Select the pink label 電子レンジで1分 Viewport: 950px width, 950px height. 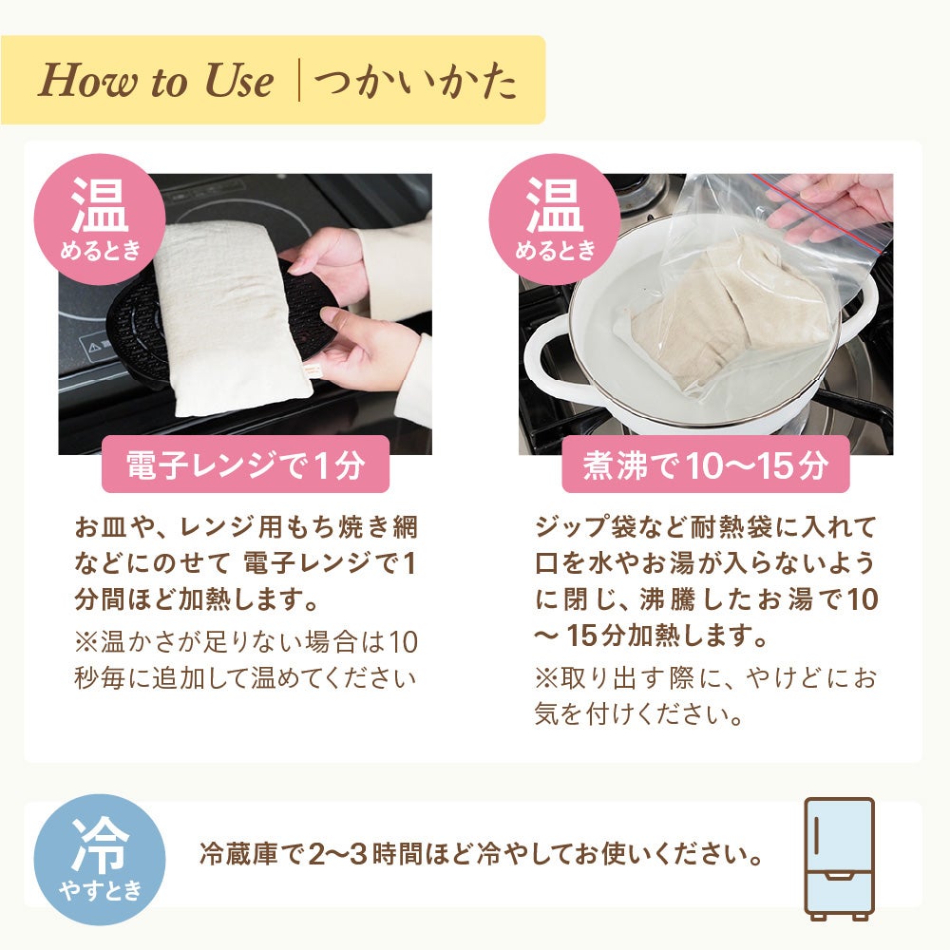[x=245, y=465]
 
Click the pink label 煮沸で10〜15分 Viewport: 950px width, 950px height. [x=705, y=465]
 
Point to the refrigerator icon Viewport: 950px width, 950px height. [x=839, y=858]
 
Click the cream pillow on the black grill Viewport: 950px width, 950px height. [x=228, y=313]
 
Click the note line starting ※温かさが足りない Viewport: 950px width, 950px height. [x=245, y=642]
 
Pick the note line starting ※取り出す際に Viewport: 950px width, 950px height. [x=705, y=678]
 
